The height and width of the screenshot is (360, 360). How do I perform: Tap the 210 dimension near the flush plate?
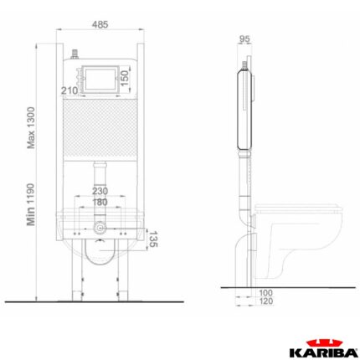69,90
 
